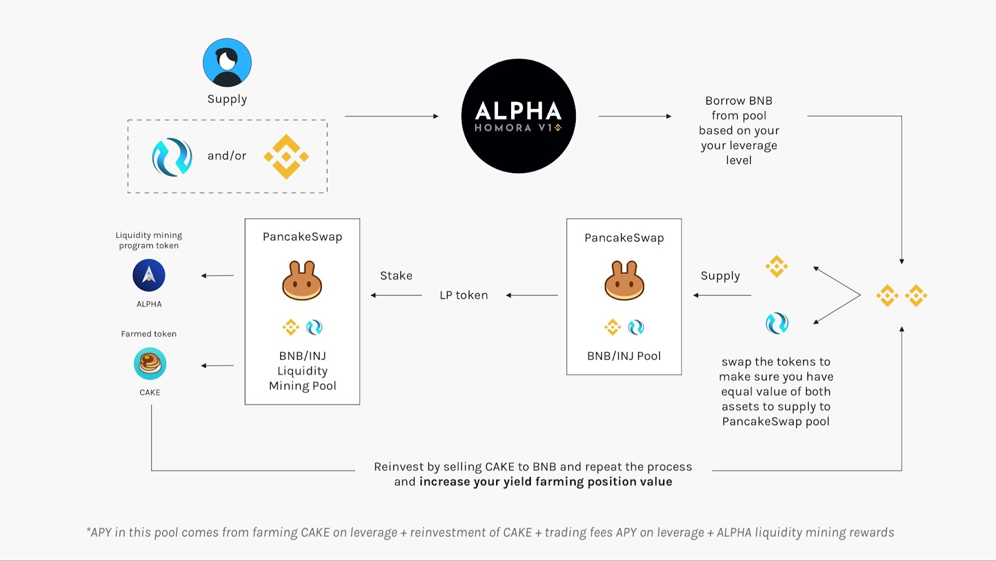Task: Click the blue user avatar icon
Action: pyautogui.click(x=227, y=62)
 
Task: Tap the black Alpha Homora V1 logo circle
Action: pyautogui.click(x=519, y=116)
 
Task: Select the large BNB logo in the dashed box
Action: pyautogui.click(x=286, y=156)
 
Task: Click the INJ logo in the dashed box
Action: pyautogui.click(x=172, y=157)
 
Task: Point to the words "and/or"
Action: pyautogui.click(x=227, y=156)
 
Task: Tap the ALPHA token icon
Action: pyautogui.click(x=149, y=275)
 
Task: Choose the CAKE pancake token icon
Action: pyautogui.click(x=150, y=364)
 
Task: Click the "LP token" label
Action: pyautogui.click(x=464, y=295)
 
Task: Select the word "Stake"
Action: pyautogui.click(x=396, y=275)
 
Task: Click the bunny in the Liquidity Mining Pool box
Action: pyautogui.click(x=302, y=281)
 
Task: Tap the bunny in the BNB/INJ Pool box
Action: pyautogui.click(x=624, y=281)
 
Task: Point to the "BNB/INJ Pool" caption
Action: pyautogui.click(x=624, y=356)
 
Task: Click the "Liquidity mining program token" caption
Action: pyautogui.click(x=149, y=240)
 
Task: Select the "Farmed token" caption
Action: pyautogui.click(x=149, y=334)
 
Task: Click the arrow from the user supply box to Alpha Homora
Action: pyautogui.click(x=392, y=116)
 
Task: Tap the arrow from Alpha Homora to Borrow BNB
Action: pyautogui.click(x=635, y=116)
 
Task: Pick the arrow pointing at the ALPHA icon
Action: pyautogui.click(x=217, y=276)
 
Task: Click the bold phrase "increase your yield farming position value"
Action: pyautogui.click(x=546, y=482)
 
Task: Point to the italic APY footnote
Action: pyautogui.click(x=491, y=532)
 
